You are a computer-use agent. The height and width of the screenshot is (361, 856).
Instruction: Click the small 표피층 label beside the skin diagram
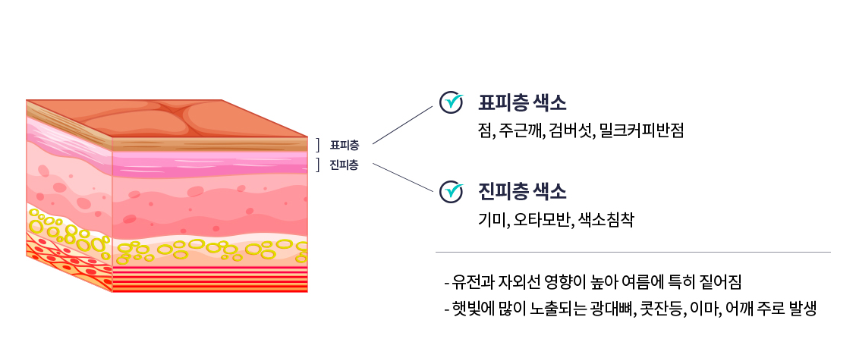(x=345, y=145)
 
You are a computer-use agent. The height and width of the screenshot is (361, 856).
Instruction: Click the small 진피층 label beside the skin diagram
(x=345, y=165)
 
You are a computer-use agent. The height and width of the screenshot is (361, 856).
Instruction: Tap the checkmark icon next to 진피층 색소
(x=452, y=190)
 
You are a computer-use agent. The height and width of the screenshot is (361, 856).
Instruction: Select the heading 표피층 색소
(x=522, y=102)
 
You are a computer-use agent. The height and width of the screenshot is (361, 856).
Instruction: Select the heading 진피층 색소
(x=522, y=191)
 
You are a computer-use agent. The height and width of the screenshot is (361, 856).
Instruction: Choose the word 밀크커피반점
(x=641, y=130)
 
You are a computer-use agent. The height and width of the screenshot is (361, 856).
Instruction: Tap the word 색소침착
(x=606, y=220)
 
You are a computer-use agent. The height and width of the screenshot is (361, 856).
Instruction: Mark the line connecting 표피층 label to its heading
(x=402, y=124)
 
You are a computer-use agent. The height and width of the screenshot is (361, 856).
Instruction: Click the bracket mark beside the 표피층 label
(x=319, y=145)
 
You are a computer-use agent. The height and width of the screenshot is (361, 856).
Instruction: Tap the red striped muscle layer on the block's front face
(x=209, y=280)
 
